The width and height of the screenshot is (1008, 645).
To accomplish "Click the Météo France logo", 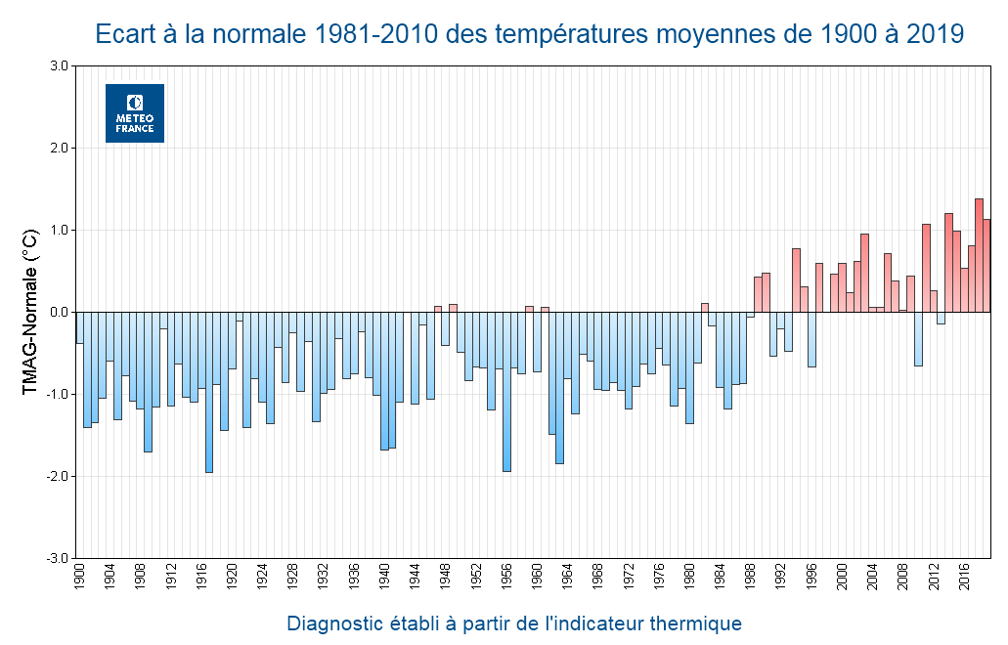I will pyautogui.click(x=135, y=113).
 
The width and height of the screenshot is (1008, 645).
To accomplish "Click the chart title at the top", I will pyautogui.click(x=530, y=34).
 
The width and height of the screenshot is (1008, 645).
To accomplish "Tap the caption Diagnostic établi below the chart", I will pyautogui.click(x=513, y=623).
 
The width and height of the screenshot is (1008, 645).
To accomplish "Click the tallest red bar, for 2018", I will pyautogui.click(x=979, y=255).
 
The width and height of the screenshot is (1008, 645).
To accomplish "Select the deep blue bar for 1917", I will pyautogui.click(x=209, y=391).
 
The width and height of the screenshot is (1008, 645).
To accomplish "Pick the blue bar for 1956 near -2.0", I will pyautogui.click(x=506, y=391).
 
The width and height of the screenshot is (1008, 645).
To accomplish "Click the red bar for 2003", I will pyautogui.click(x=864, y=274).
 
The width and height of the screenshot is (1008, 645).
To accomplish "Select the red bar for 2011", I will pyautogui.click(x=926, y=269).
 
